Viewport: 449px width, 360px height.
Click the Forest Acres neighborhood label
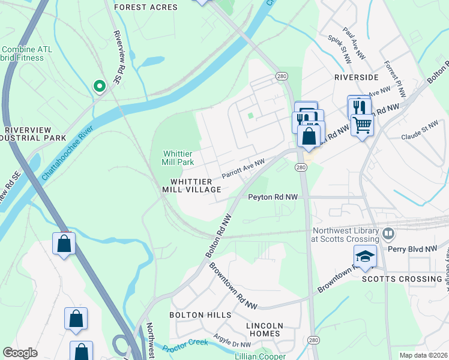click(146, 7)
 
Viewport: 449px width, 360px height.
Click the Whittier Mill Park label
click(178, 158)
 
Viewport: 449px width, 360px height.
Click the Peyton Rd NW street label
click(273, 196)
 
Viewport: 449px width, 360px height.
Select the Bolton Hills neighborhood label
click(200, 315)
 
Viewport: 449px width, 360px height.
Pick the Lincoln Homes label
click(264, 329)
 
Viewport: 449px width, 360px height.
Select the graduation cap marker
click(365, 256)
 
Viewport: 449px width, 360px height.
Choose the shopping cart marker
click(362, 125)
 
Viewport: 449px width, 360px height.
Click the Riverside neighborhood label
click(356, 77)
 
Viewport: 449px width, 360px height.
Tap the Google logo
click(20, 353)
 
